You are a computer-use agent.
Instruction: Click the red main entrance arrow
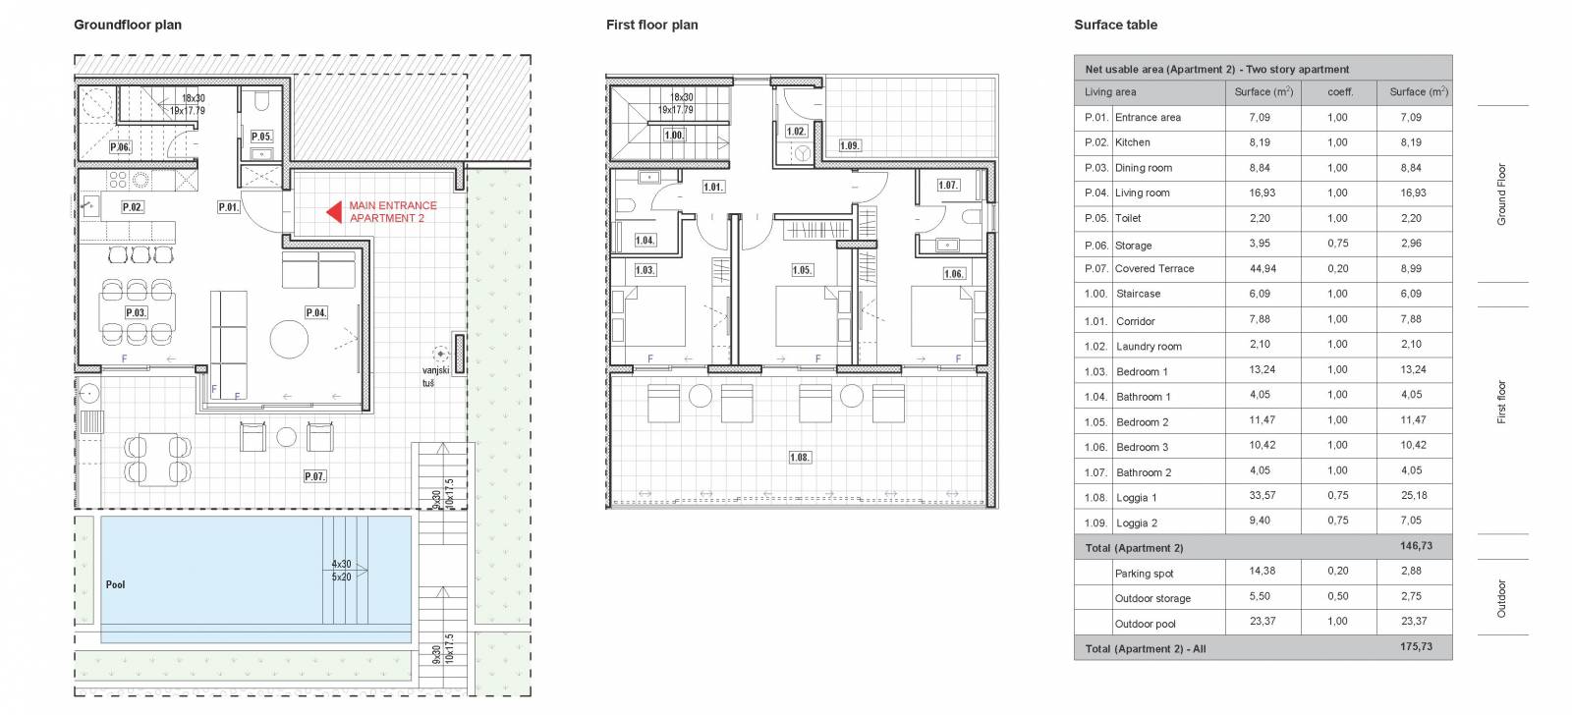[x=335, y=212]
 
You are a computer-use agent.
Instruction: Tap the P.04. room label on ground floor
[x=315, y=312]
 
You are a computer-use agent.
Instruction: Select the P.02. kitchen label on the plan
[x=133, y=207]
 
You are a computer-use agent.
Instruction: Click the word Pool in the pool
[x=115, y=584]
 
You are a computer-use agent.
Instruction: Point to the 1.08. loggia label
[x=800, y=458]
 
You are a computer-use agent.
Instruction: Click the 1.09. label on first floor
[x=850, y=146]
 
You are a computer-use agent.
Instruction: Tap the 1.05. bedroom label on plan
[x=802, y=270]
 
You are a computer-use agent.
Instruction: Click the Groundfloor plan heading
[x=128, y=26]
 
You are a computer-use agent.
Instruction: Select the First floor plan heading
[x=652, y=26]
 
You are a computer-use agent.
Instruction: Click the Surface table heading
[x=1115, y=26]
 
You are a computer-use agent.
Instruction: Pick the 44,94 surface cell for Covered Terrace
[x=1263, y=269]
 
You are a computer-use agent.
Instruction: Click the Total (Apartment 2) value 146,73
[x=1416, y=546]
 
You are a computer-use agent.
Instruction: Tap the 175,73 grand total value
[x=1416, y=647]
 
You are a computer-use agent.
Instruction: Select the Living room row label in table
[x=1142, y=192]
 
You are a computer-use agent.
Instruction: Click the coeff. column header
[x=1340, y=92]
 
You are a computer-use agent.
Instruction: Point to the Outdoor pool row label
[x=1145, y=624]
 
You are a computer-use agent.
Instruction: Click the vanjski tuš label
[x=435, y=377]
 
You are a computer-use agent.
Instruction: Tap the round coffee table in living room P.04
[x=289, y=340]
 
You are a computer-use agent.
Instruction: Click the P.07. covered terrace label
[x=315, y=476]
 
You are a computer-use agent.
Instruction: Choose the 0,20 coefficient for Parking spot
[x=1337, y=572]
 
